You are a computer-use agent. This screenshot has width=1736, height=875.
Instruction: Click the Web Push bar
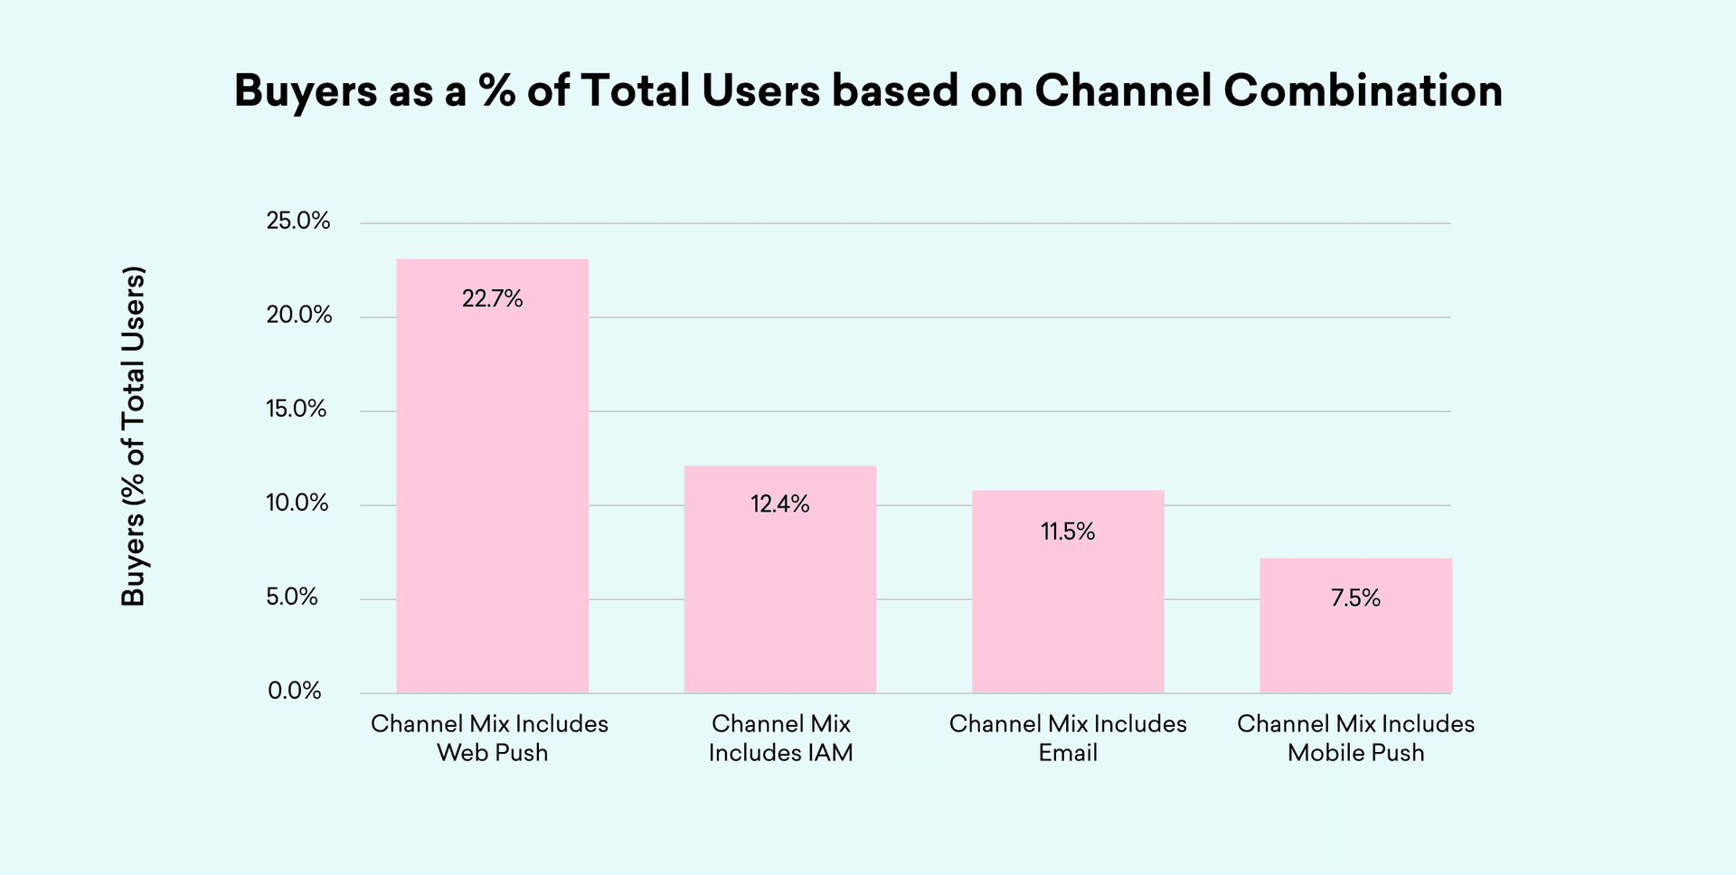pos(492,476)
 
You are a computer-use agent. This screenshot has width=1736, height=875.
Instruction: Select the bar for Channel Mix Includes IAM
pos(779,579)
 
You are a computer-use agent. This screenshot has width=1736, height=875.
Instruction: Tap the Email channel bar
pos(1068,592)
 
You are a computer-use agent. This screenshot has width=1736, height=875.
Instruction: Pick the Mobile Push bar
pos(1355,626)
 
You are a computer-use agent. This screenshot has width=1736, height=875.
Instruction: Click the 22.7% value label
pos(492,299)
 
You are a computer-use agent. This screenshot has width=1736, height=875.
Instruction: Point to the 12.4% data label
pos(779,504)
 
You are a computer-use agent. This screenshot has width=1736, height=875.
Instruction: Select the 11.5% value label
pos(1068,532)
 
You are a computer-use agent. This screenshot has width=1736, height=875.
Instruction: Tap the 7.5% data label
pos(1355,598)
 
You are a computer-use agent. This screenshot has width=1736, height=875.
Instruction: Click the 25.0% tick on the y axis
pos(298,221)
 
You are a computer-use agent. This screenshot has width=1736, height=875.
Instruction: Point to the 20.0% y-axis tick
pos(298,315)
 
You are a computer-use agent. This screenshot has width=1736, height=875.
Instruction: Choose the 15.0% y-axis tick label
pos(297,409)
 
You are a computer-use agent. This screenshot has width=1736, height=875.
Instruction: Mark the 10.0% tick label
pos(297,503)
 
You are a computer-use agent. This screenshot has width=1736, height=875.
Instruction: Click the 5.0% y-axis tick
pos(292,597)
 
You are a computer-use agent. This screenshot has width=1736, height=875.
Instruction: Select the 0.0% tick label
pos(295,692)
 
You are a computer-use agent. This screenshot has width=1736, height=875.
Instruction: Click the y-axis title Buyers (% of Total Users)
pos(134,436)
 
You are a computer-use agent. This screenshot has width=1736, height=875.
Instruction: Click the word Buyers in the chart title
pos(306,91)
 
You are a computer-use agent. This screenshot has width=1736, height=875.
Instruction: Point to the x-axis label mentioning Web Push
pos(490,738)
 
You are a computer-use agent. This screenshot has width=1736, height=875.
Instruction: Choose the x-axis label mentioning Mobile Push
pos(1355,738)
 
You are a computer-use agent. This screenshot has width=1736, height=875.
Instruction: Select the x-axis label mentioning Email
pos(1068,738)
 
